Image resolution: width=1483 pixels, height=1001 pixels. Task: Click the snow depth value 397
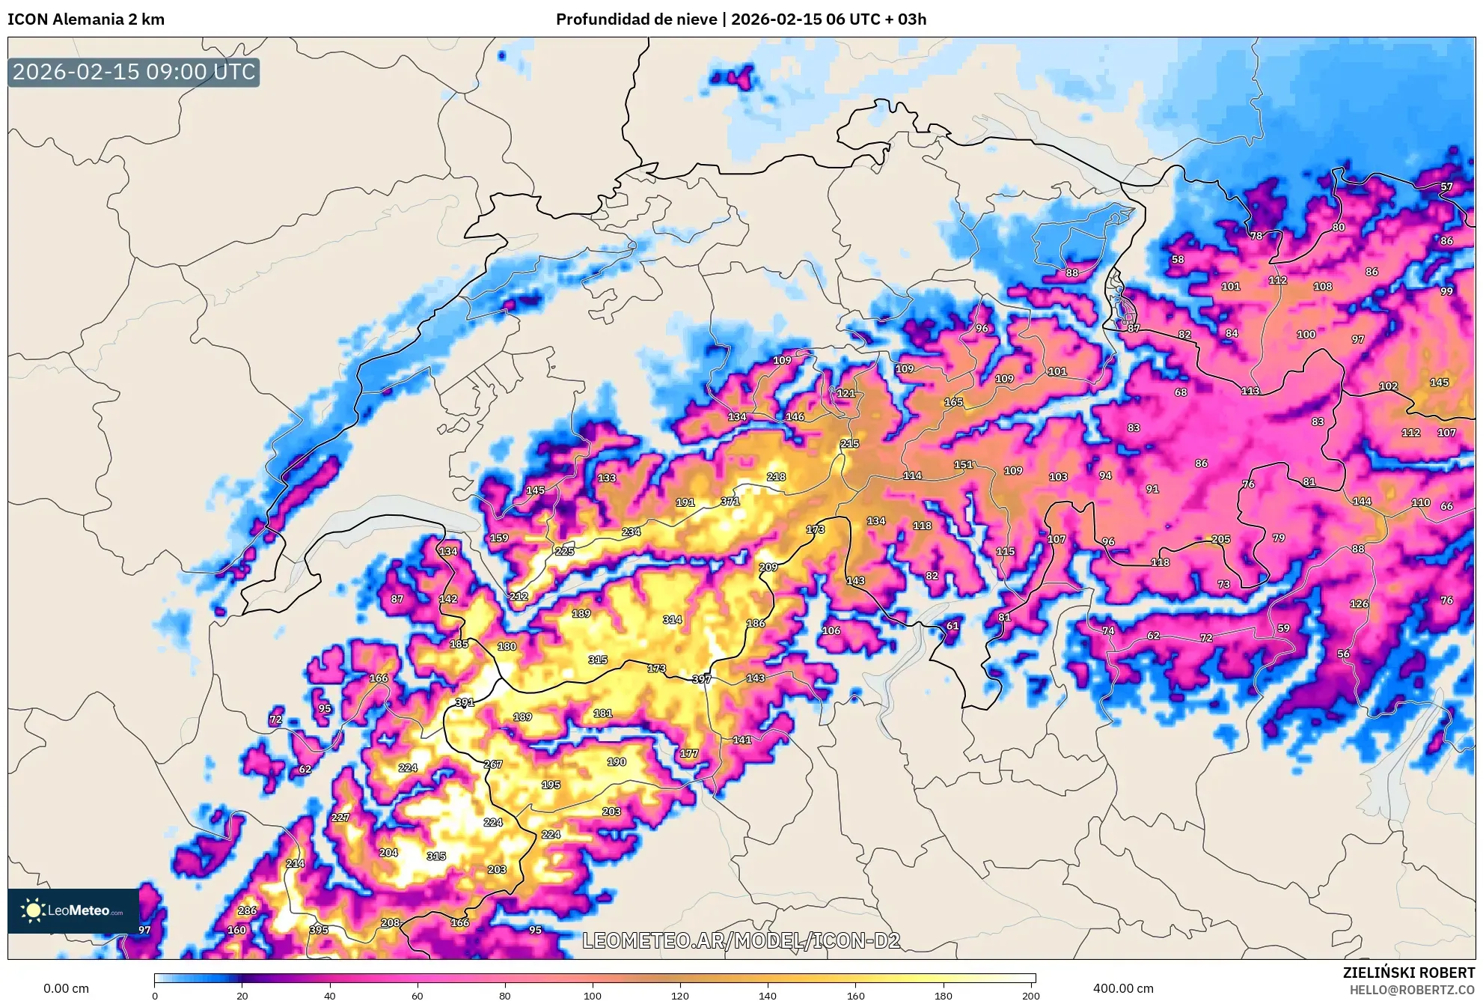tap(701, 679)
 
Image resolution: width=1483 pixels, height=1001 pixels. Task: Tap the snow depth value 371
tap(730, 502)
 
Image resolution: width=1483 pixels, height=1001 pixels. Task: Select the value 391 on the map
tap(465, 702)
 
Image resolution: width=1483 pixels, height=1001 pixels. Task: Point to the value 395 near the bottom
tap(319, 930)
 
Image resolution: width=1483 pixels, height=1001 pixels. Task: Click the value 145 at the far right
tap(1439, 383)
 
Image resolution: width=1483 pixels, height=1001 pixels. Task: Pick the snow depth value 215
tap(849, 444)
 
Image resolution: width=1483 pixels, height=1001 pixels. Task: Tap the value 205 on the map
tap(1220, 539)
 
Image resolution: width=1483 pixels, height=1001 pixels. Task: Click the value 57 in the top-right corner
tap(1446, 187)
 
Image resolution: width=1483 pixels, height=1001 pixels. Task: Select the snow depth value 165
tap(953, 402)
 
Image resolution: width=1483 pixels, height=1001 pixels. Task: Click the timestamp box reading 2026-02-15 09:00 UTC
tap(134, 73)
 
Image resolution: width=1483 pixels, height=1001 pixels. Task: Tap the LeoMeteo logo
tap(73, 910)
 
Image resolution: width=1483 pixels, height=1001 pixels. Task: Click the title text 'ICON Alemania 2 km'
tap(86, 19)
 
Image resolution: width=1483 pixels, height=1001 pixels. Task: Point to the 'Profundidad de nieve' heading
tap(636, 19)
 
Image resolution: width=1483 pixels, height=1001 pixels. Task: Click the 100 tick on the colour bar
tap(592, 996)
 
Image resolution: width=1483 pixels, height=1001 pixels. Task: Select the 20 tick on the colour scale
tap(242, 996)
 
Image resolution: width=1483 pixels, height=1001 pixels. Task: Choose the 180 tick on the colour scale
tap(943, 996)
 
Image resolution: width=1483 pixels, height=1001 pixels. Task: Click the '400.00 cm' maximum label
tap(1122, 988)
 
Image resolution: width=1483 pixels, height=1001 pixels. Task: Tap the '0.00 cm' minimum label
tap(66, 988)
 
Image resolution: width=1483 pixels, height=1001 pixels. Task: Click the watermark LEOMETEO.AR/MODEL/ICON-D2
tap(741, 941)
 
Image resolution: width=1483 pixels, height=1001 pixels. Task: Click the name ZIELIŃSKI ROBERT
tap(1408, 973)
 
